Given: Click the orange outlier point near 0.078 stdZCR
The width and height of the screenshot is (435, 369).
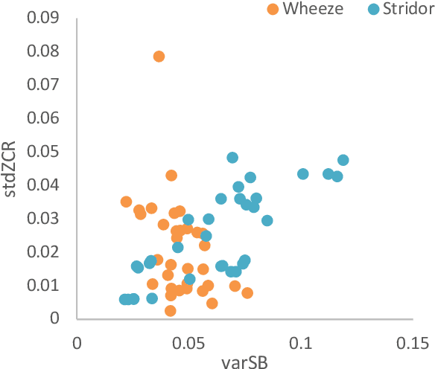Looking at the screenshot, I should tap(159, 57).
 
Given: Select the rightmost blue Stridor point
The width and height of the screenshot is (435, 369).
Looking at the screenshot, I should tap(343, 160).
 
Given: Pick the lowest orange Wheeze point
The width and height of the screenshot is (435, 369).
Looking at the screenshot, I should tap(171, 311).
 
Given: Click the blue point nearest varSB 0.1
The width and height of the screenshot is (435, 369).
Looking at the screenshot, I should tap(303, 174).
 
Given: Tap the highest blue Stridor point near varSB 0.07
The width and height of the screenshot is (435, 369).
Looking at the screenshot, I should tap(232, 158).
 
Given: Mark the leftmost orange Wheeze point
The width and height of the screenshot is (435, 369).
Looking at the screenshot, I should tap(127, 202).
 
